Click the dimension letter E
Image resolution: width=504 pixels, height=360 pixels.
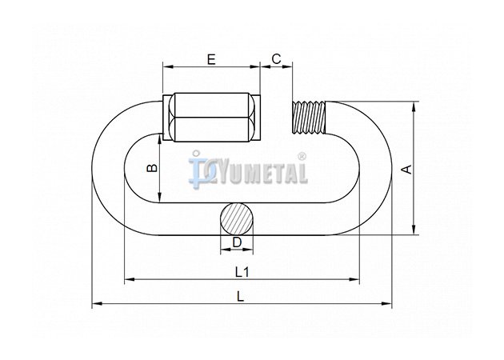pyautogui.click(x=211, y=59)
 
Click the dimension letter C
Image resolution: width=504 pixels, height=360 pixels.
pyautogui.click(x=276, y=59)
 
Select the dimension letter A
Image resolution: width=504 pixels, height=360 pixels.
pyautogui.click(x=407, y=170)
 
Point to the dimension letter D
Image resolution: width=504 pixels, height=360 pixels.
pyautogui.click(x=237, y=242)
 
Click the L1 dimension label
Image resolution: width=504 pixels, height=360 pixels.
pyautogui.click(x=242, y=272)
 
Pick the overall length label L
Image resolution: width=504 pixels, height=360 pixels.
pyautogui.click(x=240, y=296)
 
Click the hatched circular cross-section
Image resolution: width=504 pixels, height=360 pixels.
pyautogui.click(x=237, y=219)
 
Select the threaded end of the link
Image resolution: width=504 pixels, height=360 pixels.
pyautogui.click(x=309, y=118)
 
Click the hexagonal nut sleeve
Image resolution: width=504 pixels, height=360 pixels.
pyautogui.click(x=211, y=118)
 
